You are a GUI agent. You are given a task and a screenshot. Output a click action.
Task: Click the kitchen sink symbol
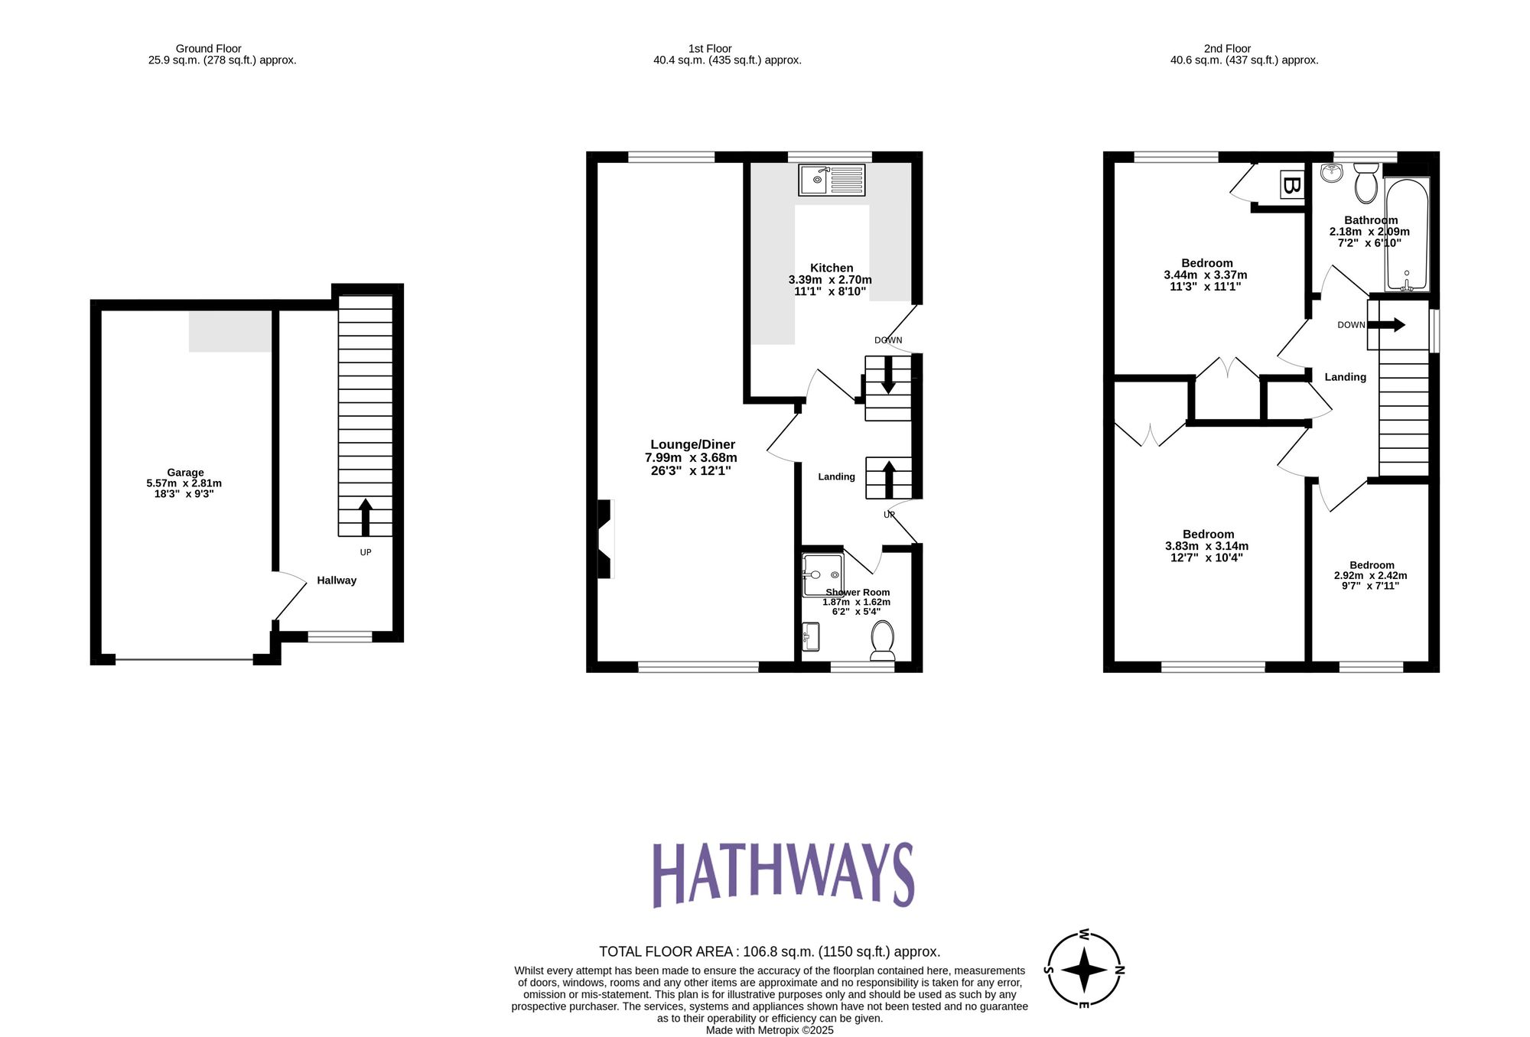pos(832,180)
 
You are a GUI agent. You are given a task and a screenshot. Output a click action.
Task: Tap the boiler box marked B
pos(1291,185)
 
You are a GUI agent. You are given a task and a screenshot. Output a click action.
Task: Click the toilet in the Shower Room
pos(883,641)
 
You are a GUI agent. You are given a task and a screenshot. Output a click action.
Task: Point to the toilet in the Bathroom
pos(1366,182)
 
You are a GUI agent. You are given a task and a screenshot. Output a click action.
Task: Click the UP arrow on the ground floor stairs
pos(365,517)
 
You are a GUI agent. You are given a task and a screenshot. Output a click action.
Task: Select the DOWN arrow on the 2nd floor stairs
pos(1386,324)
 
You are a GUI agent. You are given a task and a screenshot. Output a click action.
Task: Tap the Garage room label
pos(185,473)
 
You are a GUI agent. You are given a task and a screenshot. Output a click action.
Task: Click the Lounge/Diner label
pos(692,444)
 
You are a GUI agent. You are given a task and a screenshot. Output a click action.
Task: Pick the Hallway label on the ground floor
pos(337,580)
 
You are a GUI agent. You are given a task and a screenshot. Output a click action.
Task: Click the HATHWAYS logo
pos(783,875)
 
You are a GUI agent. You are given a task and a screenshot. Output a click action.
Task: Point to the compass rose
pos(1083,970)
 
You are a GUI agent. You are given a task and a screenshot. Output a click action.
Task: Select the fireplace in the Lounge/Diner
pos(605,539)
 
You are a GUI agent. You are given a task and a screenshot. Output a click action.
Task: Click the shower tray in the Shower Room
pos(822,575)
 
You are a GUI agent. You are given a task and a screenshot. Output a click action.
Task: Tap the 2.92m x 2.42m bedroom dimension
pos(1370,576)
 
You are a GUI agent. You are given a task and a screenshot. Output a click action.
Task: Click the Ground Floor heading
pos(208,48)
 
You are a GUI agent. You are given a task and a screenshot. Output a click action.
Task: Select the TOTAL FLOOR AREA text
pos(769,951)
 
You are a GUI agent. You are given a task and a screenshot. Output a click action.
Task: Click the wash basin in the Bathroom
pos(1332,173)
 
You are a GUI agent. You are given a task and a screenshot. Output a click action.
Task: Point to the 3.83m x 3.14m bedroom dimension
pos(1206,546)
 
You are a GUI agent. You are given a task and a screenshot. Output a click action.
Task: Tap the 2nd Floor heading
pos(1227,48)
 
